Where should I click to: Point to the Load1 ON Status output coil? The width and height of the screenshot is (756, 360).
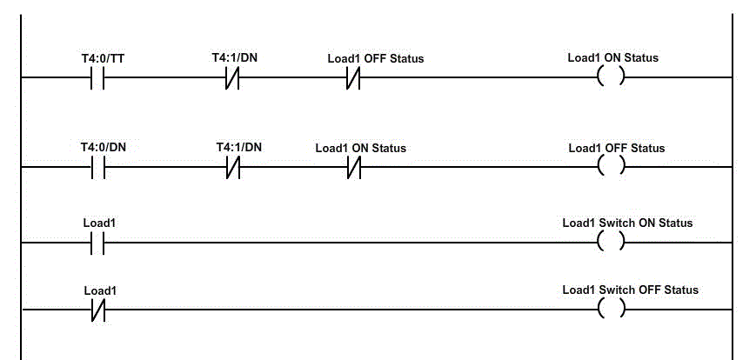point(612,77)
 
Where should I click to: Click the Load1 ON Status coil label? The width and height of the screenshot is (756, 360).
point(612,58)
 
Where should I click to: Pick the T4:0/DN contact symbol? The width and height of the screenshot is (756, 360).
point(97,167)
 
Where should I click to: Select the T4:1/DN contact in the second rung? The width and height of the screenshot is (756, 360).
point(233,167)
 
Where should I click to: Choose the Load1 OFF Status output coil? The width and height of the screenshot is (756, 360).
point(612,166)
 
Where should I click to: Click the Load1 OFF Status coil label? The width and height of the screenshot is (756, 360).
point(616,148)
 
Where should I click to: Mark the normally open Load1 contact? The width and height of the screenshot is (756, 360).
point(97,243)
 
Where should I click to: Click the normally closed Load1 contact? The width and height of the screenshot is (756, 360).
point(97,310)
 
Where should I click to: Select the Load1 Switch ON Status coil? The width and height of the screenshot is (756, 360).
point(612,242)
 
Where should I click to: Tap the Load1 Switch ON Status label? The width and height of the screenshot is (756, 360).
point(627,223)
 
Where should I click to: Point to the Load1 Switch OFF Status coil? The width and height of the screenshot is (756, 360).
point(612,309)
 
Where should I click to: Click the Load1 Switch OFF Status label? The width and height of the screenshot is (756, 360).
point(630,290)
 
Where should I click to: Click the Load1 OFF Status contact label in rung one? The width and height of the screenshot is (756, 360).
point(375,58)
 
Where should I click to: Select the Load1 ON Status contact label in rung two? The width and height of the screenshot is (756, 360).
point(360,148)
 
